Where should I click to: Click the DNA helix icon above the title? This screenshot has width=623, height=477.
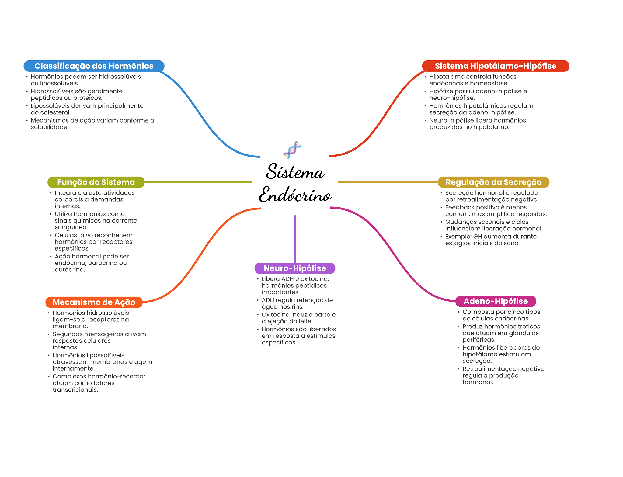(292, 150)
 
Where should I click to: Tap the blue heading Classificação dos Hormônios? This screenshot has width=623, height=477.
(94, 66)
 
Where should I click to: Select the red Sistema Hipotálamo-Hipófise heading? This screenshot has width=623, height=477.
(496, 66)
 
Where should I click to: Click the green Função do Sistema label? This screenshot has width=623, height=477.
(96, 182)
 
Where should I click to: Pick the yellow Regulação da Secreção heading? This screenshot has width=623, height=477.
(493, 182)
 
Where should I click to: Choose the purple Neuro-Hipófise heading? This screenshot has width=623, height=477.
(295, 268)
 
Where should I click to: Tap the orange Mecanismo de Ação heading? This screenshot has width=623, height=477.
(94, 302)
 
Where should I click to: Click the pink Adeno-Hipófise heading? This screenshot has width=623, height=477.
(496, 301)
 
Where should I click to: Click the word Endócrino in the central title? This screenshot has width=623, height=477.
(295, 195)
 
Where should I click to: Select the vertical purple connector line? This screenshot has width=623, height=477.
(295, 239)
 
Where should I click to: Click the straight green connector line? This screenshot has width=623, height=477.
(198, 182)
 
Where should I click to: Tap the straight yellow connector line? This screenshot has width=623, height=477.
(388, 182)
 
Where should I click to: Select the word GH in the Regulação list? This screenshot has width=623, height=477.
(477, 237)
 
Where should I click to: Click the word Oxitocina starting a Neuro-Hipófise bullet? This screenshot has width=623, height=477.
(276, 315)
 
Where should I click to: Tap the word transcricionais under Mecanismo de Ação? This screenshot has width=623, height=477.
(75, 390)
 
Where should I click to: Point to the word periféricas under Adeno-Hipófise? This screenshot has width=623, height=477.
(479, 340)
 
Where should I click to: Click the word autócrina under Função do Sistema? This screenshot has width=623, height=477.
(70, 270)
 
